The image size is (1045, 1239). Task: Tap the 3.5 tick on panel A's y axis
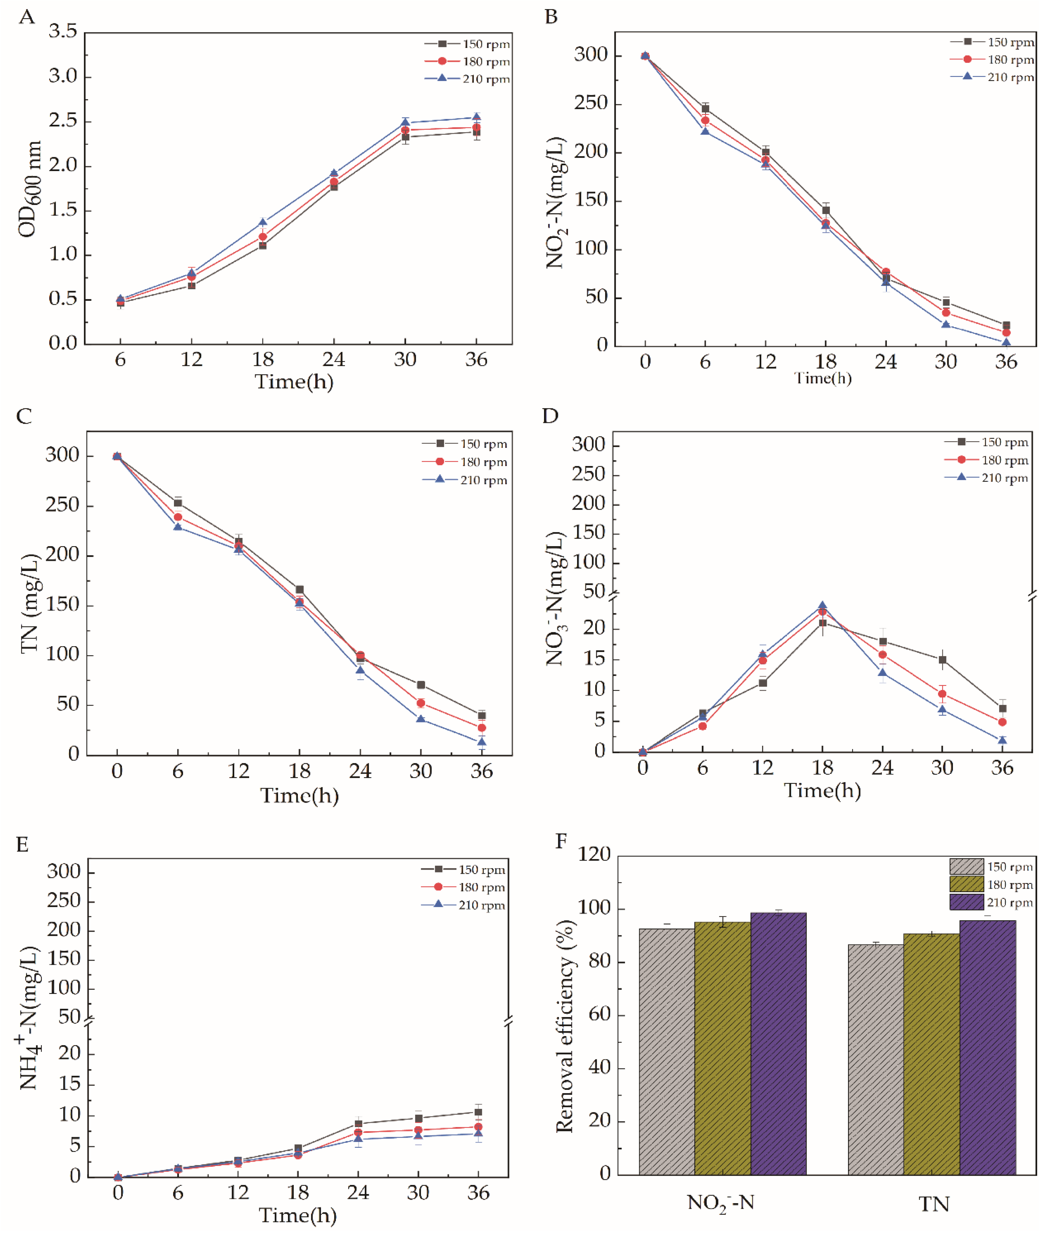[x=63, y=32]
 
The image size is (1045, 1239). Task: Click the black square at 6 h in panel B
[x=705, y=109]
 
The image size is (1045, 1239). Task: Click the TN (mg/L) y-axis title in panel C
[x=30, y=603]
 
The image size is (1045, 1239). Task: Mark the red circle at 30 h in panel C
[x=421, y=703]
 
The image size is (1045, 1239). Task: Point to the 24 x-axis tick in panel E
[x=358, y=1192]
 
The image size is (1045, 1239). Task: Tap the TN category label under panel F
[x=934, y=1205]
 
